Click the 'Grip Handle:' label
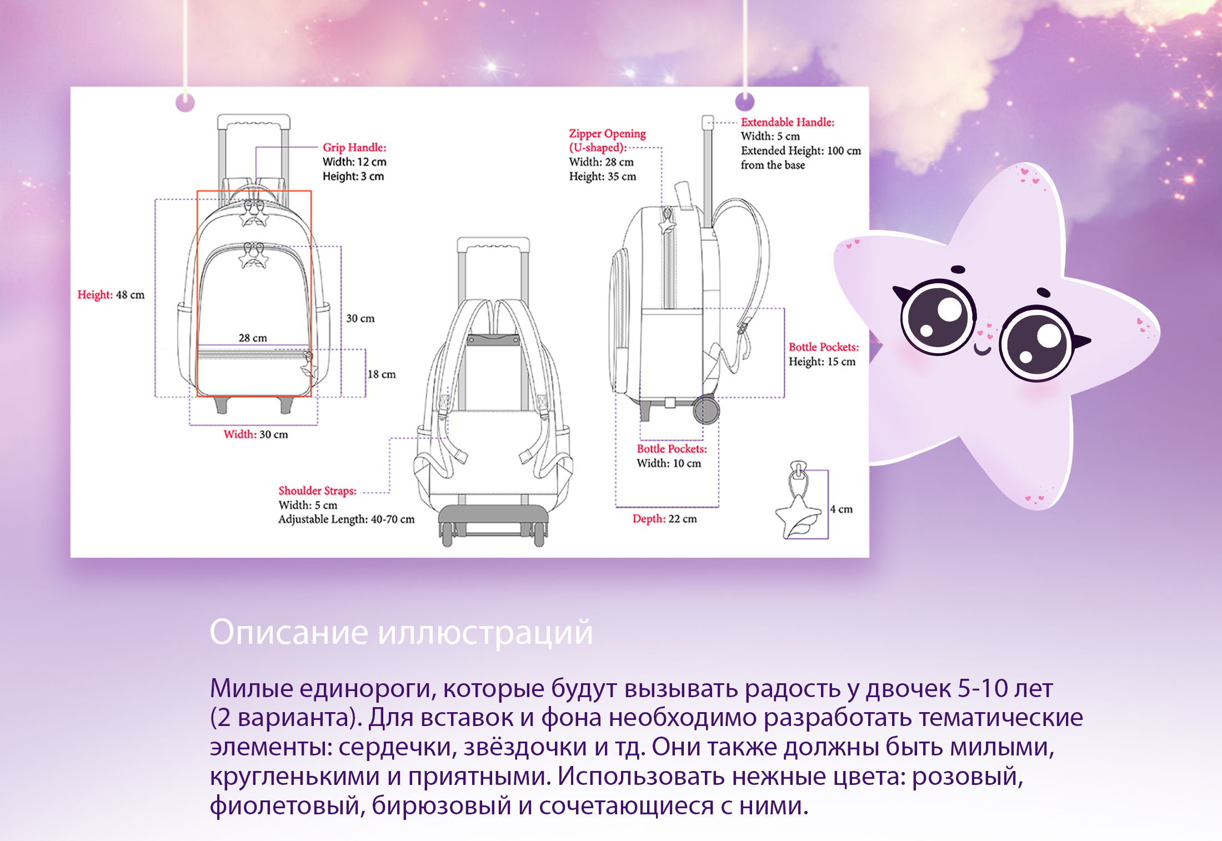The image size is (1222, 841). [354, 148]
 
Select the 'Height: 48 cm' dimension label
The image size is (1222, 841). [111, 295]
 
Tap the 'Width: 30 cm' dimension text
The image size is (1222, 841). [256, 434]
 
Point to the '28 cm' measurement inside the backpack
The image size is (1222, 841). [253, 338]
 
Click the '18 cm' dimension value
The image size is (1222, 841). [382, 374]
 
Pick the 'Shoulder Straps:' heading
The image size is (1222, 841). [317, 490]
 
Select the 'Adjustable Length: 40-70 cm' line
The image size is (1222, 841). [346, 519]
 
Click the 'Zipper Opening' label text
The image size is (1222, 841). [607, 134]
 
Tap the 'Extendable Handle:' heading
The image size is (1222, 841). [787, 122]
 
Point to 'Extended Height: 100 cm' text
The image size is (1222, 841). [800, 151]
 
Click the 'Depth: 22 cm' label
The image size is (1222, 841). [664, 519]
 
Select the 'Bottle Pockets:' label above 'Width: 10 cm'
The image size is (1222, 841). [672, 449]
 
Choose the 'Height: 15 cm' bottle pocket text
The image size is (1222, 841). [822, 362]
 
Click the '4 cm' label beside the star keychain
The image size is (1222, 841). [841, 509]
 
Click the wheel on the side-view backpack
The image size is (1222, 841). [706, 410]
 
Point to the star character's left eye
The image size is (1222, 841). [938, 317]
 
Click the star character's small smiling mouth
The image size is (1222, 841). [982, 350]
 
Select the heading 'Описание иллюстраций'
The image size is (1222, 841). [401, 632]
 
